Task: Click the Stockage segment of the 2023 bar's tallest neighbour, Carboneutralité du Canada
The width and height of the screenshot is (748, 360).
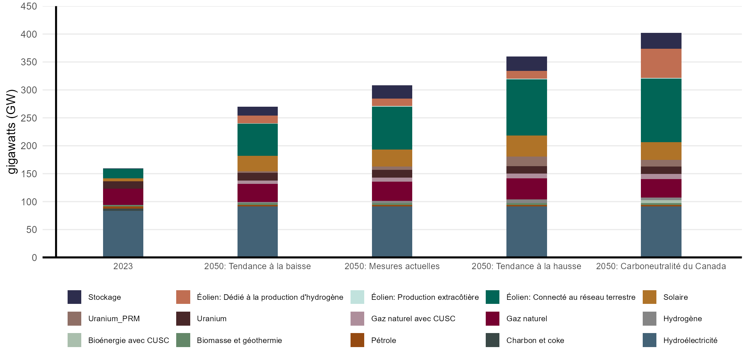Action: click(661, 41)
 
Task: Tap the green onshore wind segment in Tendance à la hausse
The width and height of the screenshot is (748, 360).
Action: click(526, 107)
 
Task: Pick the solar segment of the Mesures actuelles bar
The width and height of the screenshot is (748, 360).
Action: click(392, 158)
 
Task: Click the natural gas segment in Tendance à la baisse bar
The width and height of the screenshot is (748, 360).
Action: click(257, 193)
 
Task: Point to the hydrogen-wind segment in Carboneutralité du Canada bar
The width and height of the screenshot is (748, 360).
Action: click(661, 64)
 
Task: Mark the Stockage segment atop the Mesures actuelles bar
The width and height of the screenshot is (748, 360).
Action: click(392, 92)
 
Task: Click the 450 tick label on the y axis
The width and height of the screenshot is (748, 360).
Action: click(29, 6)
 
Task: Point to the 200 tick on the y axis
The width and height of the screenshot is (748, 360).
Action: click(29, 146)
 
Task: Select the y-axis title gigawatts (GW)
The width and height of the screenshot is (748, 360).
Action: click(12, 131)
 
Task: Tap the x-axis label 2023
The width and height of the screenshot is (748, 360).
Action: click(123, 266)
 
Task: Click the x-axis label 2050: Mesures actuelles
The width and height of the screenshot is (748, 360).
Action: click(392, 266)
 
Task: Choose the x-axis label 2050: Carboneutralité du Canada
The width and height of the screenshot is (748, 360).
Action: click(661, 266)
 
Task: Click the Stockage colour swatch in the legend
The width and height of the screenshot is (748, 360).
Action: click(74, 297)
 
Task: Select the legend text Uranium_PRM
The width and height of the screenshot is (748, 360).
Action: click(114, 319)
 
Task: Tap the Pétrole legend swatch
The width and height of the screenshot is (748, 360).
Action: click(357, 340)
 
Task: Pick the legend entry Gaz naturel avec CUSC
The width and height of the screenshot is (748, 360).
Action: click(413, 319)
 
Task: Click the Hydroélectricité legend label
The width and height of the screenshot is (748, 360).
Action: click(690, 340)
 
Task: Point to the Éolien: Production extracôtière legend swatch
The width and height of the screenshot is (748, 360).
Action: click(357, 297)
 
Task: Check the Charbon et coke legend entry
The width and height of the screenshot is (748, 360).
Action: click(535, 340)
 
